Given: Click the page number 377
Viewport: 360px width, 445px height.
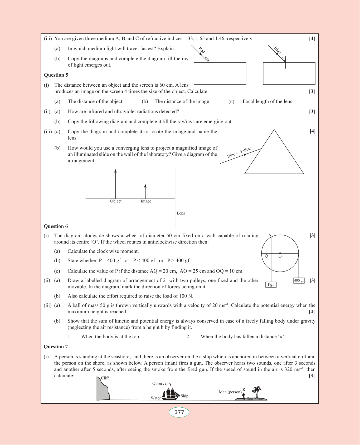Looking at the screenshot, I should tap(179, 412).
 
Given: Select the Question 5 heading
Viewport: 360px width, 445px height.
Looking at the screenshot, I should tap(56, 75).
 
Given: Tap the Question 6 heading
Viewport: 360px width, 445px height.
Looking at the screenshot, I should tap(56, 226).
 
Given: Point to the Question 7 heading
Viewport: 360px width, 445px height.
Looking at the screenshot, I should tap(56, 347).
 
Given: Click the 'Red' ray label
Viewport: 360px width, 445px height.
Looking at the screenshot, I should tap(202, 50).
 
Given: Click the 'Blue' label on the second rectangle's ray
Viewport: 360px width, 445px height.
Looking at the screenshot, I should tap(278, 50).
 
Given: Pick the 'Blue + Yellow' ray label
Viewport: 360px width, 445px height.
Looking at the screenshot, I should tap(239, 152).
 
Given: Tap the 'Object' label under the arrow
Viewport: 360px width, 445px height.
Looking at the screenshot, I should tap(116, 201).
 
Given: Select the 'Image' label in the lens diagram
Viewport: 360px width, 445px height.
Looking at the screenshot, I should tap(146, 201).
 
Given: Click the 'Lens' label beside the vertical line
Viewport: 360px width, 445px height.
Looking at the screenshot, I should tap(181, 213).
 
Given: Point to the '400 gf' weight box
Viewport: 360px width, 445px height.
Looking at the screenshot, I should tap(299, 281).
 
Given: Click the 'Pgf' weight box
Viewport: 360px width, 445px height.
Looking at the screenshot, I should tap(271, 284).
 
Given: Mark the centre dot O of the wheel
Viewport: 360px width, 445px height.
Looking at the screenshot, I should tap(280, 253).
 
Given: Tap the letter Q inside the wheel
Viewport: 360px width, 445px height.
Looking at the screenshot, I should tap(266, 256).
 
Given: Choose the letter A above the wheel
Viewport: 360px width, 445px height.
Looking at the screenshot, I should tap(270, 235).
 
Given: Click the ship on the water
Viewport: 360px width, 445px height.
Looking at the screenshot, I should tap(171, 394).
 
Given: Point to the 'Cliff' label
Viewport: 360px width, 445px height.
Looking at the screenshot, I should tap(105, 378).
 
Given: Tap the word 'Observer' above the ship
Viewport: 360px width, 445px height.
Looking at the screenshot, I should tap(160, 384).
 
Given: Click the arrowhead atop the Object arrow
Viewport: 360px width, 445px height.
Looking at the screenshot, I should tap(115, 171).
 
